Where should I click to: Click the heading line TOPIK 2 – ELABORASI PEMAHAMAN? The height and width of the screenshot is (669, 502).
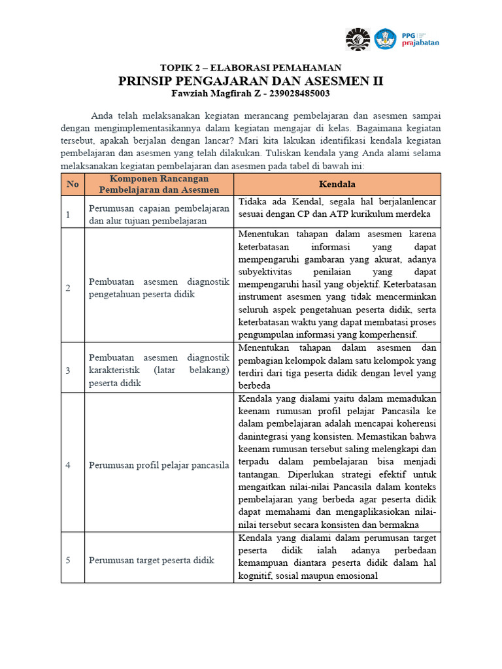coord(251,68)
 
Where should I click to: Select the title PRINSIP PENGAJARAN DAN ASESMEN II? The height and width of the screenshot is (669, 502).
coord(251,81)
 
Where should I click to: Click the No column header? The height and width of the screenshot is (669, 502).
coord(73,184)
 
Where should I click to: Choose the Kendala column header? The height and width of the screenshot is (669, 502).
coord(337,184)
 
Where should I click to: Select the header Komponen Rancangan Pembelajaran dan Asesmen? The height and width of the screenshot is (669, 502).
coord(159,184)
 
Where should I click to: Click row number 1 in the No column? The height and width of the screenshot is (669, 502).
coord(67,214)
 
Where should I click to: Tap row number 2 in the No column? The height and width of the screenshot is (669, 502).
coord(67,288)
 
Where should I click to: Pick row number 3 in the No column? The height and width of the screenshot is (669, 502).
coord(67,370)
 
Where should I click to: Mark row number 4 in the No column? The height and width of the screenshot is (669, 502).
coord(67,465)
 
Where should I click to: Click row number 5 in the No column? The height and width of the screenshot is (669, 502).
coord(67,560)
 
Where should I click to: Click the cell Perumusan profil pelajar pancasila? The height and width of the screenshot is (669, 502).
coord(159,465)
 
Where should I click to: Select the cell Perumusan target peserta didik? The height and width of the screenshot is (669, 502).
coord(152,560)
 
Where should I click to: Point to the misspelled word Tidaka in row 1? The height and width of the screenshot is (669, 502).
coord(253,201)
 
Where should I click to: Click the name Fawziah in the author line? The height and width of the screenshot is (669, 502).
coord(191,93)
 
